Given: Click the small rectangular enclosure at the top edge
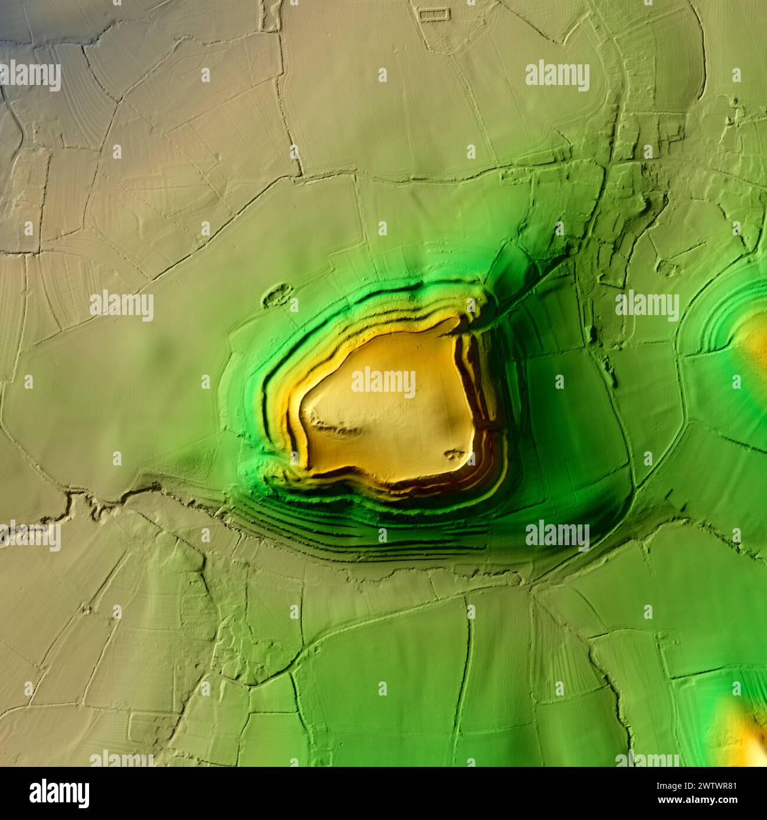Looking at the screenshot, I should click(x=434, y=12).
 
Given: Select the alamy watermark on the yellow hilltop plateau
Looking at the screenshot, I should click(x=383, y=382).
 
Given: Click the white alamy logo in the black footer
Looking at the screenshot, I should click(x=59, y=793).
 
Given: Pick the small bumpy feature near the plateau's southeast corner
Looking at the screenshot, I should click(x=454, y=454).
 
